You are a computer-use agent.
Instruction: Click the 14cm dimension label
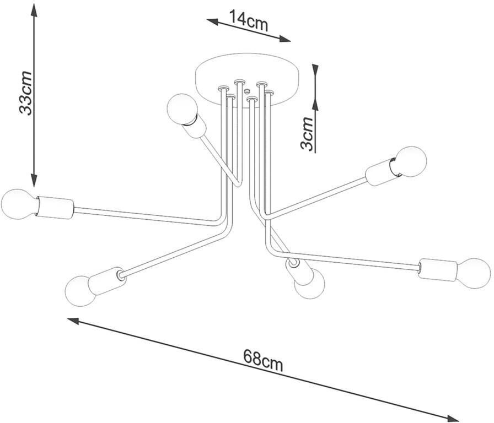click(x=248, y=21)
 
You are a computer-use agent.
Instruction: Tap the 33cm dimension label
click(x=25, y=94)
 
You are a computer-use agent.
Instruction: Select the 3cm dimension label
click(x=307, y=133)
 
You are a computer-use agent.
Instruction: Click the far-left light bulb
click(x=18, y=204)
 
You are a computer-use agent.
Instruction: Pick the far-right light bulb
click(x=475, y=273)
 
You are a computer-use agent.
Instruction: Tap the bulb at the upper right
click(x=410, y=162)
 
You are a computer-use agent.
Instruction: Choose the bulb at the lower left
click(x=80, y=291)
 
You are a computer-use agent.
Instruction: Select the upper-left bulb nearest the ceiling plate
click(x=182, y=109)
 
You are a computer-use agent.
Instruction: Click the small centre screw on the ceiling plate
click(x=246, y=91)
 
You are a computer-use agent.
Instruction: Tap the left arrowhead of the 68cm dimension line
click(x=73, y=321)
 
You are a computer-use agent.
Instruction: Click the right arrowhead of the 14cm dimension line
click(x=285, y=39)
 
